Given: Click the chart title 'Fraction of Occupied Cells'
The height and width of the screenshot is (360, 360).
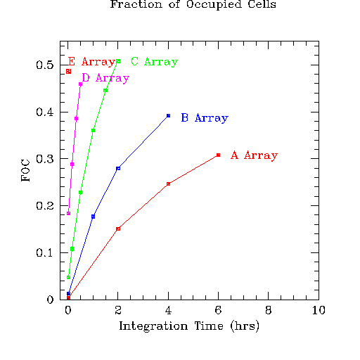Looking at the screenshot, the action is (x=193, y=4).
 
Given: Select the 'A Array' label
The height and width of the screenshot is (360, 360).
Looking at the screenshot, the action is (x=254, y=155).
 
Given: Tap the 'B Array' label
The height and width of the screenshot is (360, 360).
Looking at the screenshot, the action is (x=205, y=118).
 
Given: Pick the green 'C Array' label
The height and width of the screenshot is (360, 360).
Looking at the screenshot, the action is (x=154, y=62).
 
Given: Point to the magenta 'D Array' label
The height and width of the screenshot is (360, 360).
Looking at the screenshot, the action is (x=105, y=78).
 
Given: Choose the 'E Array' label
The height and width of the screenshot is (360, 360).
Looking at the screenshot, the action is (x=91, y=62).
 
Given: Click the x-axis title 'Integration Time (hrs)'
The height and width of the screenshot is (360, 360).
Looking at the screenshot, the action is (x=189, y=326).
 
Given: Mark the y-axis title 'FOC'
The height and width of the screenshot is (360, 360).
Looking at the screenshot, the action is (x=25, y=170).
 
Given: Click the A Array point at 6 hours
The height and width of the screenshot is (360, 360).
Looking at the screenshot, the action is (x=218, y=155).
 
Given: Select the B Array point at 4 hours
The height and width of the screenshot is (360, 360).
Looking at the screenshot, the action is (x=168, y=115).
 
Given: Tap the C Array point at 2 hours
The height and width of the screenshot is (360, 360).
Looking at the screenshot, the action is (x=118, y=61).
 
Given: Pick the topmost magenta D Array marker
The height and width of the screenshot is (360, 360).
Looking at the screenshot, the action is (x=80, y=84).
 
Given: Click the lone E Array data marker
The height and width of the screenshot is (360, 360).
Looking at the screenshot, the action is (x=68, y=72).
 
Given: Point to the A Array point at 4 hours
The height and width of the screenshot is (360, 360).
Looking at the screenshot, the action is (x=168, y=184).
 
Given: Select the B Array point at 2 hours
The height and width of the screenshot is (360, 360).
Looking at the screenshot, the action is (x=118, y=168).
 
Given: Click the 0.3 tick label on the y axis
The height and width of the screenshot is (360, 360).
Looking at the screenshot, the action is (x=45, y=159).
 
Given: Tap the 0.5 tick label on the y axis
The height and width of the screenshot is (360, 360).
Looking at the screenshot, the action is (x=45, y=65).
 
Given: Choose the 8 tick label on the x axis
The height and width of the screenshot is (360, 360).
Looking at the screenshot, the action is (x=269, y=310).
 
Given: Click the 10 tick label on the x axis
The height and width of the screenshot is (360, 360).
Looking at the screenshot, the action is (x=319, y=310).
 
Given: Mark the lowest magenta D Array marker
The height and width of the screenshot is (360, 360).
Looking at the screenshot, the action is (x=68, y=213).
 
